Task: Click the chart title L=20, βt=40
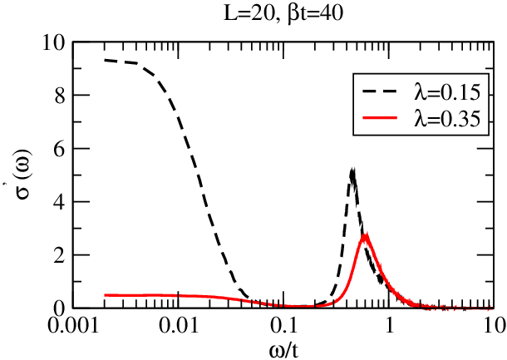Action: pos(283,14)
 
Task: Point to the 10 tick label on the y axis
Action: pos(55,43)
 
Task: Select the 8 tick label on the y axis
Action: pos(61,96)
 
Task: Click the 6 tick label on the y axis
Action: pos(61,149)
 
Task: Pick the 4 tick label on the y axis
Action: pos(61,203)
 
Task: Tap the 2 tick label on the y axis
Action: pos(61,255)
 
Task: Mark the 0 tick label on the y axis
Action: pos(61,308)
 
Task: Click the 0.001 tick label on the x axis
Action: pos(72,325)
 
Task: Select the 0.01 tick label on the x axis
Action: pos(178,325)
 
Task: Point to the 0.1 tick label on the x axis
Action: pos(283,325)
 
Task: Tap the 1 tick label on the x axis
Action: pos(389,325)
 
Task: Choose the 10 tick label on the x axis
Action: pos(494,325)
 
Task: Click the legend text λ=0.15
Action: pos(447,92)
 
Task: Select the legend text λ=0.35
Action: pos(447,119)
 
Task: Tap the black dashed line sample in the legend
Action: pos(380,91)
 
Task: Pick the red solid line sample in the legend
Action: pos(380,118)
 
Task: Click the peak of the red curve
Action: pos(366,234)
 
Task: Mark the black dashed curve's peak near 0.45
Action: pos(352,170)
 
